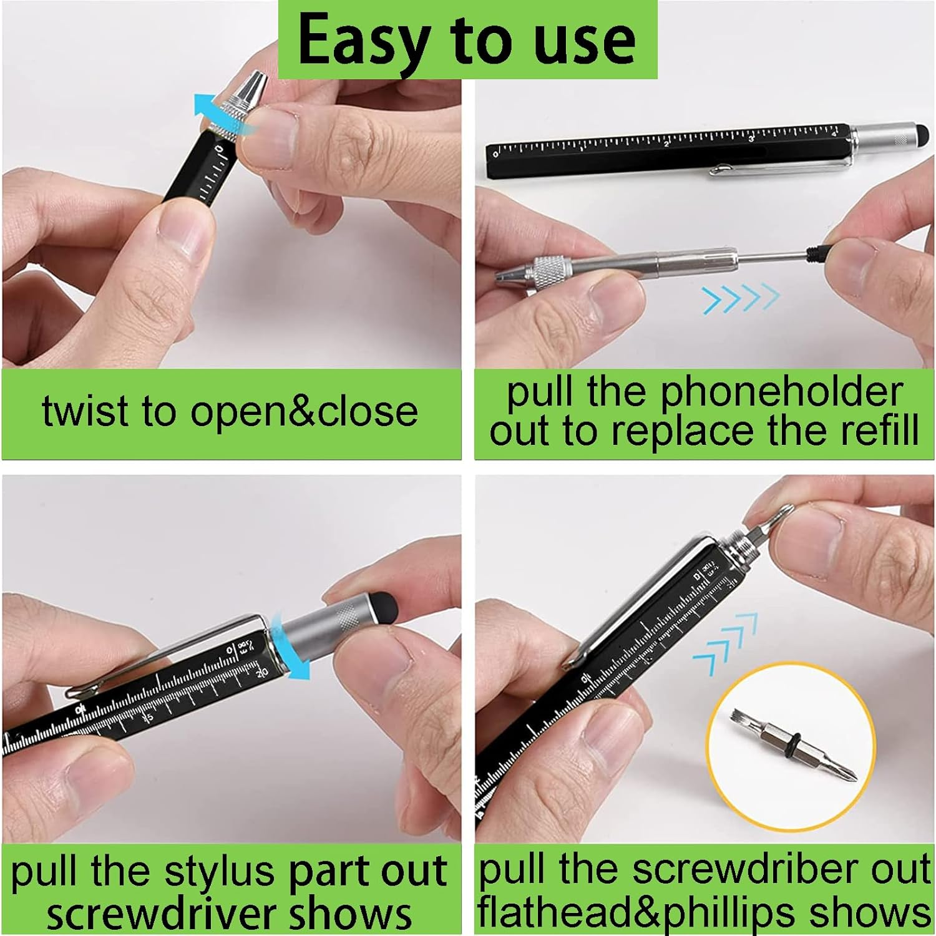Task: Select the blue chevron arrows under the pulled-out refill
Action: pyautogui.click(x=740, y=298)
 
